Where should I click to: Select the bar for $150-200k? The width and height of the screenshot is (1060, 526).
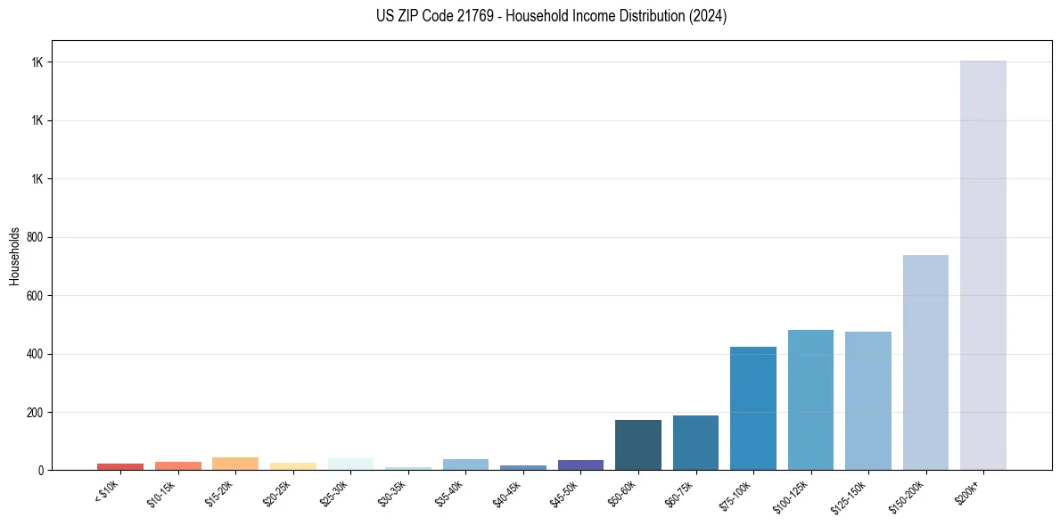(925, 362)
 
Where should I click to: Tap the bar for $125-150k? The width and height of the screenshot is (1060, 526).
(867, 400)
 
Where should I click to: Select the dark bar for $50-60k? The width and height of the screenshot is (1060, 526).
(637, 445)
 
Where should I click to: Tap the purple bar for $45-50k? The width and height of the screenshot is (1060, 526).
(580, 464)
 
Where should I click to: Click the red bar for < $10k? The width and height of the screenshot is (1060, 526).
(120, 466)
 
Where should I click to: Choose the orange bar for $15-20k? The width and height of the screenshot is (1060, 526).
(235, 464)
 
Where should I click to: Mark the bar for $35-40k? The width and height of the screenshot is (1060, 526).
(465, 464)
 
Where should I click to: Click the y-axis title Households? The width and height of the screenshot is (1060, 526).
(14, 255)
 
